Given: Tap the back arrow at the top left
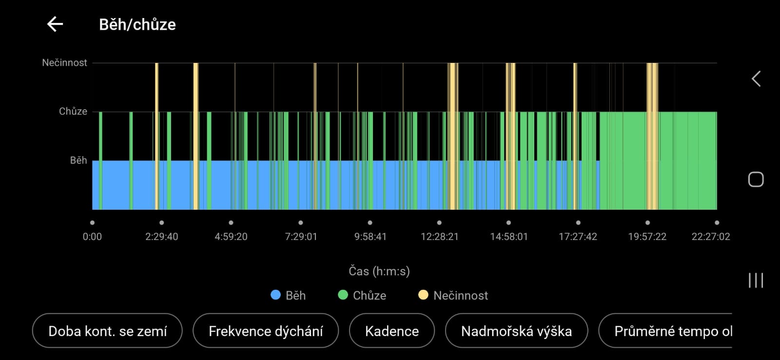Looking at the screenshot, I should click(55, 24).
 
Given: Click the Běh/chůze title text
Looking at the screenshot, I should click(137, 24).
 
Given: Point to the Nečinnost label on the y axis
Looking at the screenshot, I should click(64, 62).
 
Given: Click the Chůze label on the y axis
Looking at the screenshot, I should click(73, 111).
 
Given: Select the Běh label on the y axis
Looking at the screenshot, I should click(78, 160).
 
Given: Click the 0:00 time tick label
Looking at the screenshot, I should click(92, 237).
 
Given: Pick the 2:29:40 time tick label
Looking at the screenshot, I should click(161, 237).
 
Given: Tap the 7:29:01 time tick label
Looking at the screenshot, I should click(301, 237).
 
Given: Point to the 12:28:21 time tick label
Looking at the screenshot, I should click(439, 237).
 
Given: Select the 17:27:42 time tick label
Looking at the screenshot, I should click(578, 237).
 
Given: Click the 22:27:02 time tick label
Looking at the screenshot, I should click(710, 237).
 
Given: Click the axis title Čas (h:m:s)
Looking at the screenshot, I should click(379, 271).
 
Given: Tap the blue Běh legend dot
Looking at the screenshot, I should click(275, 295).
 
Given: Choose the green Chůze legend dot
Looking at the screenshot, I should click(343, 295).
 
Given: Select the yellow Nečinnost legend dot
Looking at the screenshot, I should click(423, 295).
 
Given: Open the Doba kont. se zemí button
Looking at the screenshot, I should click(107, 331).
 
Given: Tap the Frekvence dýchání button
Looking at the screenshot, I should click(266, 331).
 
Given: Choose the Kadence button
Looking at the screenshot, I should click(391, 331).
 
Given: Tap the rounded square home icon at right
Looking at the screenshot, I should click(756, 180).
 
